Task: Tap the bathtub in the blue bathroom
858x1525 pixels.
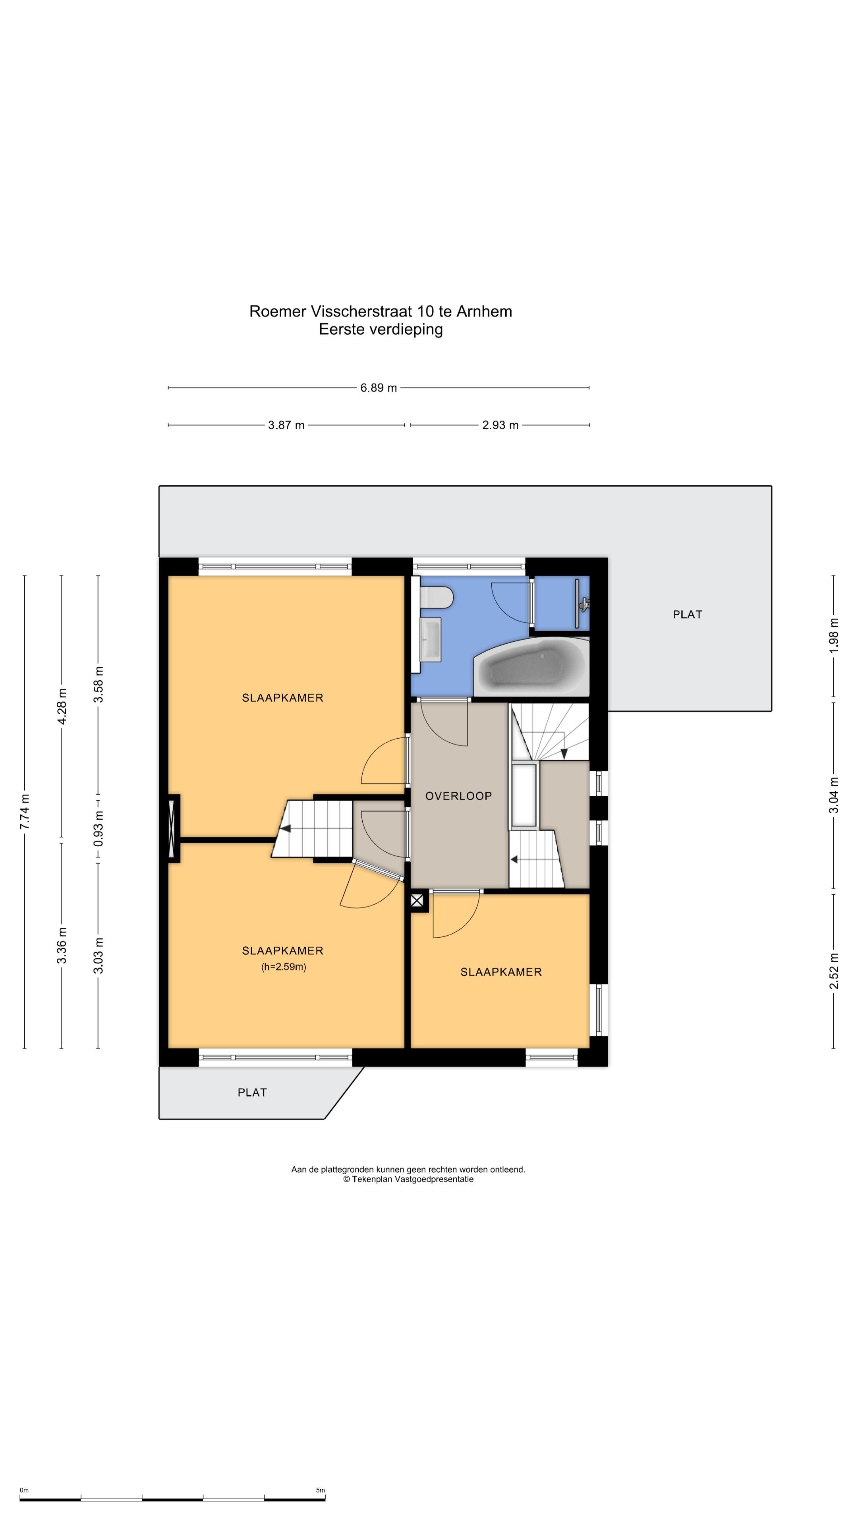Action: tap(531, 667)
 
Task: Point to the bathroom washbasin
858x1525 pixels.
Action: tap(431, 640)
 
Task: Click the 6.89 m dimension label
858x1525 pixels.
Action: tap(379, 388)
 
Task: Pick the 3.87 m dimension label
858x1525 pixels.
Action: tap(286, 425)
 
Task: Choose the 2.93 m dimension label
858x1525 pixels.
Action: tap(500, 425)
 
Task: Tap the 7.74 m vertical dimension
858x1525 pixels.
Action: tap(25, 812)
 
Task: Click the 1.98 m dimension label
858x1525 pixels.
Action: tap(834, 635)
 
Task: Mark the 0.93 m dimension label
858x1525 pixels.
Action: tap(98, 828)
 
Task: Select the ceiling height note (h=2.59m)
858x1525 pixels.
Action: tap(284, 967)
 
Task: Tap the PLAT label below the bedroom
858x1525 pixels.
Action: tap(252, 1092)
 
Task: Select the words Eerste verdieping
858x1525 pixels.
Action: tap(381, 329)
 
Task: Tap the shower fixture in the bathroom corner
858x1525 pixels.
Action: tap(583, 604)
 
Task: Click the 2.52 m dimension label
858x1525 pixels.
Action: tap(834, 971)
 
